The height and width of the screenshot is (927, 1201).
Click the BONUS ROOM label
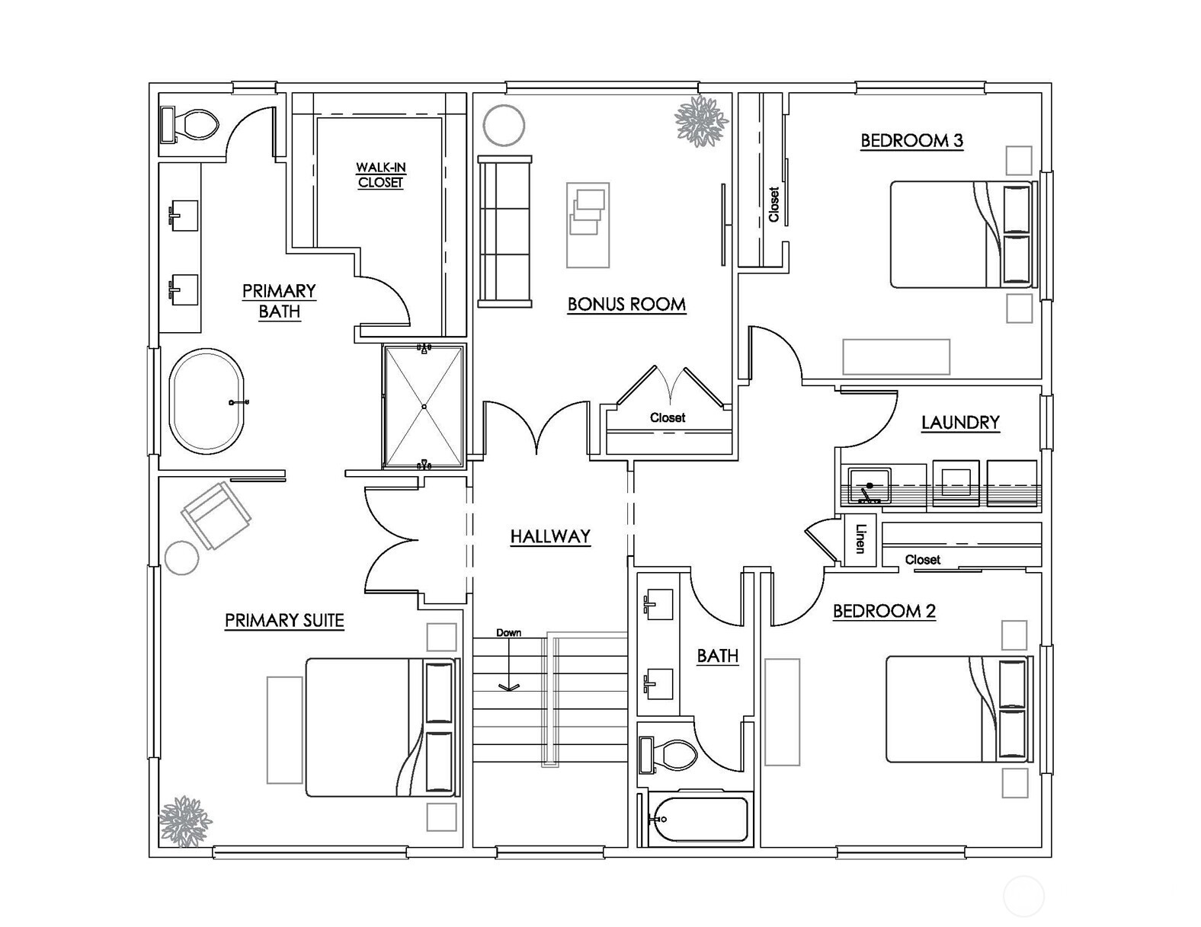pyautogui.click(x=626, y=305)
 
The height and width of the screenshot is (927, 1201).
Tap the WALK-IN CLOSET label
pyautogui.click(x=380, y=175)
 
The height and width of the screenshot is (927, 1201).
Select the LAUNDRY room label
pyautogui.click(x=959, y=423)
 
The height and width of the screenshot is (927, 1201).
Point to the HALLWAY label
pyautogui.click(x=550, y=536)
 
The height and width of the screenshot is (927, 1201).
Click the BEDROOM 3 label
pyautogui.click(x=911, y=141)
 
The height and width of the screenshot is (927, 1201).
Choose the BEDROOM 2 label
pyautogui.click(x=884, y=611)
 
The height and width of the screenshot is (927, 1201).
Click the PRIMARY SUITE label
pyautogui.click(x=284, y=621)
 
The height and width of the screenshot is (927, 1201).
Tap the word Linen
pyautogui.click(x=860, y=539)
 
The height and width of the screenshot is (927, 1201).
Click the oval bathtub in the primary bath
pyautogui.click(x=207, y=401)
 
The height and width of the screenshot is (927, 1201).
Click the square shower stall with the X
pyautogui.click(x=424, y=406)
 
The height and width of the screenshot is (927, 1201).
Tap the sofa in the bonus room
pyautogui.click(x=504, y=231)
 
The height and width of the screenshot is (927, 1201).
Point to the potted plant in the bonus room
pyautogui.click(x=700, y=120)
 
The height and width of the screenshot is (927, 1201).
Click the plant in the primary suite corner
pyautogui.click(x=184, y=820)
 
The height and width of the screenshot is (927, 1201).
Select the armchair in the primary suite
pyautogui.click(x=216, y=515)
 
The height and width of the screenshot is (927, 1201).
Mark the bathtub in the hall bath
pyautogui.click(x=699, y=819)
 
